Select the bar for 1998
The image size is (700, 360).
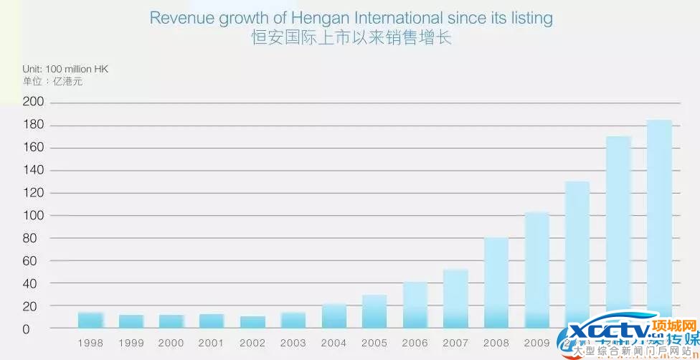click(90, 320)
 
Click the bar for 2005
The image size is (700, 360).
click(374, 311)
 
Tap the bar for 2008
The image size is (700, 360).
click(496, 283)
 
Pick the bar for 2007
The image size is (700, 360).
click(455, 298)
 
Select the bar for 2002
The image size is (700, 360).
click(252, 322)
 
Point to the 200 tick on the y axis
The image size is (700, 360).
click(34, 103)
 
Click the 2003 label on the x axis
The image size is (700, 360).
click(293, 344)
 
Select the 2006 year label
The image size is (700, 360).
click(415, 344)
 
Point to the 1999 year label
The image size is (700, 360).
click(131, 344)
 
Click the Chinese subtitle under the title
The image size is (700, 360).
click(351, 38)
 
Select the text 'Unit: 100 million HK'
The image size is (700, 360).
click(65, 69)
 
